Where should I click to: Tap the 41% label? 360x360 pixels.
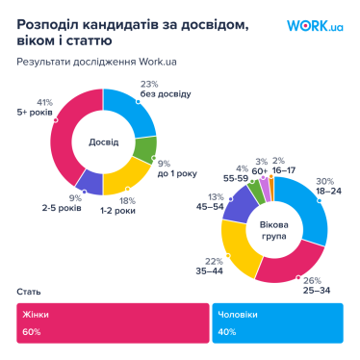44,102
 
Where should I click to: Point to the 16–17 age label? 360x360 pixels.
285,170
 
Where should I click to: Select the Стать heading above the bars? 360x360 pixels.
27,291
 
